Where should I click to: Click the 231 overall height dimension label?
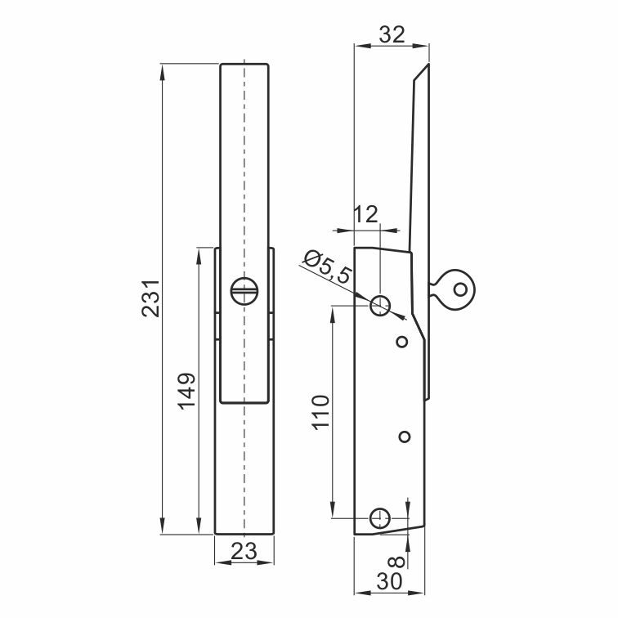151,298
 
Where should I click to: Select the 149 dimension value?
186,391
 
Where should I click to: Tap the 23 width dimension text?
244,551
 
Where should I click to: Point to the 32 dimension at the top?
392,34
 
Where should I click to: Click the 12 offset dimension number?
366,214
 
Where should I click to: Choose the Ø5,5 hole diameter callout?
327,266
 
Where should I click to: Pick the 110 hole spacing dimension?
320,412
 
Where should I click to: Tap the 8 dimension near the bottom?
397,562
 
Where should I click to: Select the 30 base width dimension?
389,581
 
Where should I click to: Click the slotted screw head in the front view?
244,291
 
